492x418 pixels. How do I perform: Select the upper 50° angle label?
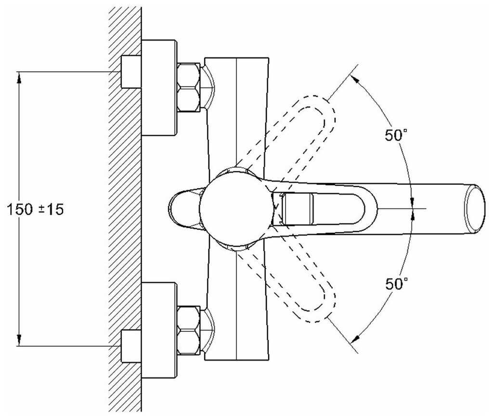[x=396, y=135]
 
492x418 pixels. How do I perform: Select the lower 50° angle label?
[x=396, y=284]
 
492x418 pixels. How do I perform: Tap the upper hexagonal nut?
[x=188, y=87]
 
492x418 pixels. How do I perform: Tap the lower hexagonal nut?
[x=188, y=330]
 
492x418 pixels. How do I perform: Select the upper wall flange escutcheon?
[x=159, y=88]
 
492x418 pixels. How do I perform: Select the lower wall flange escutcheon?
[x=159, y=330]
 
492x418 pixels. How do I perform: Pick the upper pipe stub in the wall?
[x=130, y=72]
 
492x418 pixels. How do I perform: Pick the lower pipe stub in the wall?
[x=130, y=346]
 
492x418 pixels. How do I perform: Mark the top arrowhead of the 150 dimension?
[x=19, y=77]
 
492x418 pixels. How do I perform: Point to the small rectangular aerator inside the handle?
[x=298, y=208]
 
